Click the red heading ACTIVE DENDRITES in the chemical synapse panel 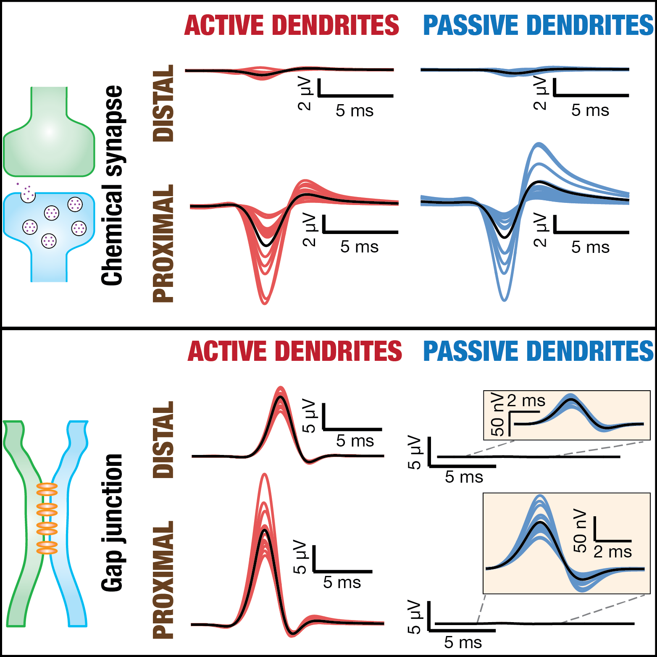292,25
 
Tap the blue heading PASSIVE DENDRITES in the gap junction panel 539,351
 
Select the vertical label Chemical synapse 112,185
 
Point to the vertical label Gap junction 112,523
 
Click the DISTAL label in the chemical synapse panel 163,103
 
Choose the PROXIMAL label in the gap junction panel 163,580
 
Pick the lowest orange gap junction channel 47,548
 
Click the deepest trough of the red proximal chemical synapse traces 265,302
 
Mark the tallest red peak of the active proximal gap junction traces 264,475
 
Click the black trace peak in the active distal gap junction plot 280,397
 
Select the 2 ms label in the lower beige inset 612,552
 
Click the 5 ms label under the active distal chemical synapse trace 355,111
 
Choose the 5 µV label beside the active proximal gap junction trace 300,557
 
